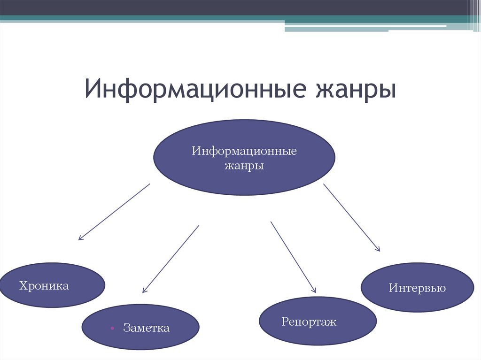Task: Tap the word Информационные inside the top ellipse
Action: pos(244,152)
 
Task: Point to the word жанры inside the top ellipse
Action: pos(244,166)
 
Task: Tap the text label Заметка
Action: pos(146,328)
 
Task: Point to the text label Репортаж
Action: pos(309,322)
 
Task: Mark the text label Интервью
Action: pos(417,288)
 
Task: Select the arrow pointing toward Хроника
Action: pos(114,212)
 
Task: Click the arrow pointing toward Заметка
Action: pos(171,259)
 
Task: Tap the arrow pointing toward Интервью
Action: pos(351,217)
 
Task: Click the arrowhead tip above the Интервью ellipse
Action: pos(379,251)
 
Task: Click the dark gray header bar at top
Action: pos(235,8)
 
